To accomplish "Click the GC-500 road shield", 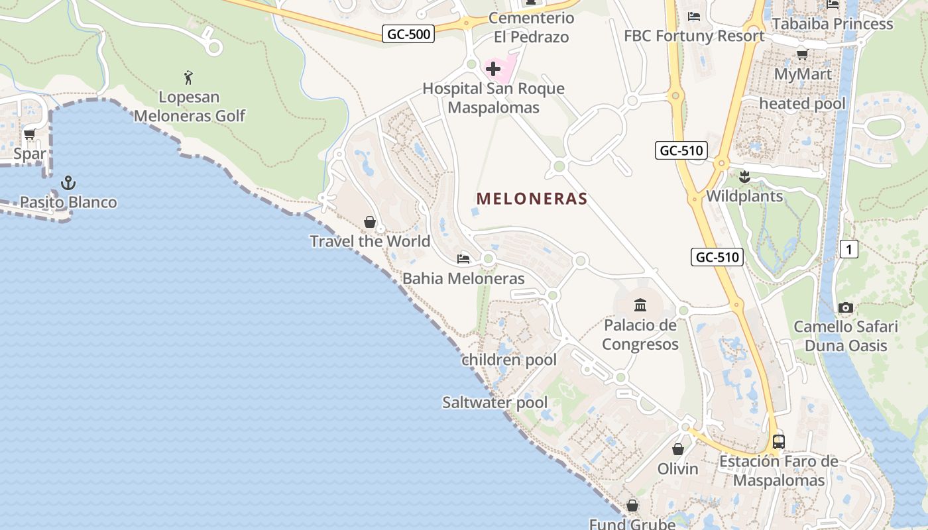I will click(x=408, y=34).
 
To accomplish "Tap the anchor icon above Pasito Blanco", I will click(x=68, y=182).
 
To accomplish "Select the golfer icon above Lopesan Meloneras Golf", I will click(x=188, y=78).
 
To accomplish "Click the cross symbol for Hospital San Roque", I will click(x=493, y=68).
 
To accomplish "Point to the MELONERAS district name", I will click(x=532, y=198).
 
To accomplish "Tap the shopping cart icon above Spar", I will click(x=29, y=134).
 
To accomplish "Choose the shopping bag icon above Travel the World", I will click(x=370, y=221).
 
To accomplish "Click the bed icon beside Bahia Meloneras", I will click(x=463, y=258).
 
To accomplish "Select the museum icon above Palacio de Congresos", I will click(x=640, y=305).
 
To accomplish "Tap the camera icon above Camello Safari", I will click(x=845, y=307).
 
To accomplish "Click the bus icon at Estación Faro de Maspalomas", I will click(x=779, y=441).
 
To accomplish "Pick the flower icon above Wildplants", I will click(x=744, y=176).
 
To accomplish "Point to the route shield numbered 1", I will click(x=848, y=249).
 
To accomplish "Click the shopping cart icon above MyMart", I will click(x=802, y=54).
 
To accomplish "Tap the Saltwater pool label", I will click(x=494, y=402).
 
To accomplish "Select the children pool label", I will click(x=509, y=360).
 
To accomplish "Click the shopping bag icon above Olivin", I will click(x=677, y=449).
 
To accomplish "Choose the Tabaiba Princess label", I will click(x=833, y=24).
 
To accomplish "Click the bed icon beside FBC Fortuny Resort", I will click(x=694, y=16).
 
